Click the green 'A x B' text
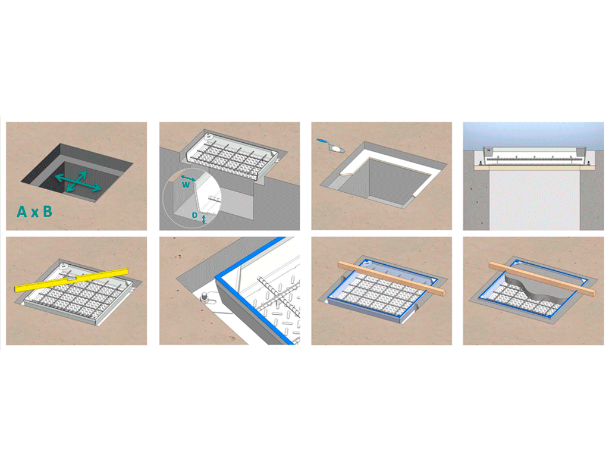(x=34, y=212)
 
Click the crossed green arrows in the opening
(x=78, y=181)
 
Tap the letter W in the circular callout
(x=186, y=185)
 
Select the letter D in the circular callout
(x=194, y=215)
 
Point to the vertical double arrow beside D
(x=203, y=219)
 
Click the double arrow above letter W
(x=188, y=178)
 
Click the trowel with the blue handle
(x=330, y=145)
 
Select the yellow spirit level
(x=71, y=280)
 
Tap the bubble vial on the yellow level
(x=71, y=279)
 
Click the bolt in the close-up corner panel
(x=205, y=298)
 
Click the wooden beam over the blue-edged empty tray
(x=392, y=278)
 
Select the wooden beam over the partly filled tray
(x=542, y=279)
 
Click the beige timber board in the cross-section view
(x=533, y=168)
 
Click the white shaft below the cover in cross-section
(x=535, y=200)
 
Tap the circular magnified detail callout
(x=192, y=198)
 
